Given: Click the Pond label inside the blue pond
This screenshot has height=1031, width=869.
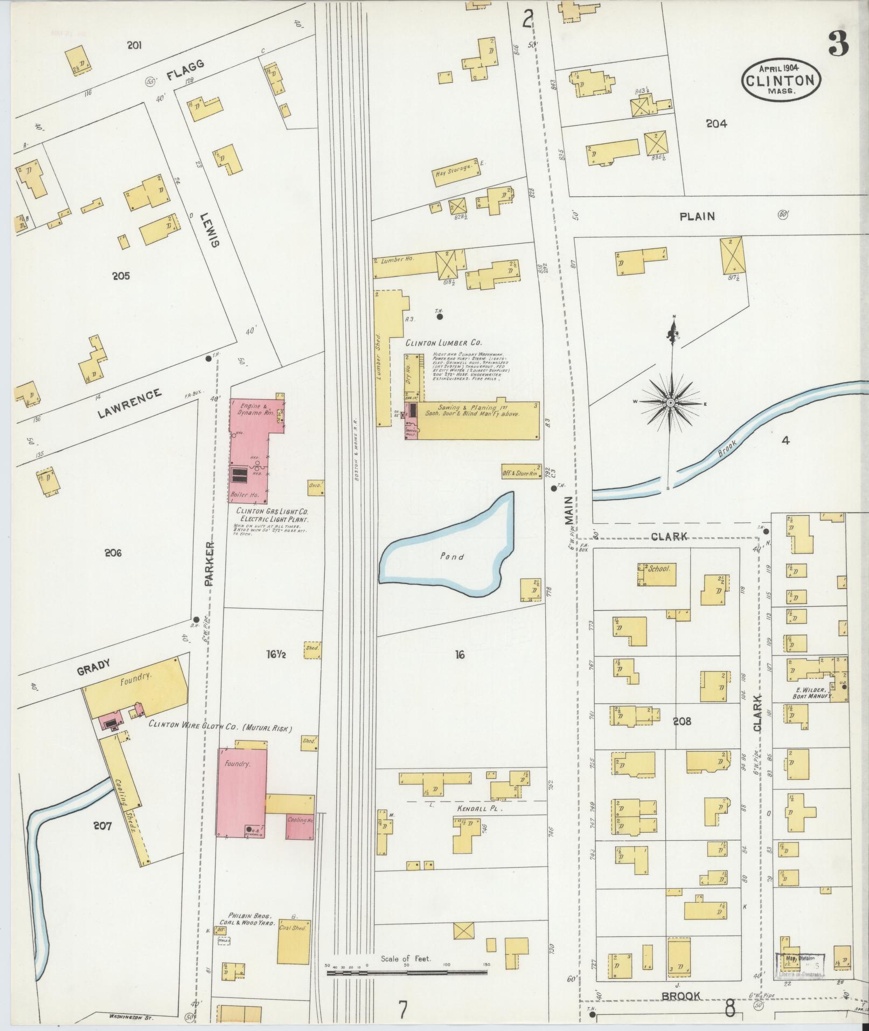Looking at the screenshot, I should [451, 557].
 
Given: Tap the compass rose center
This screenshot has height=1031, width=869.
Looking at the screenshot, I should [670, 403].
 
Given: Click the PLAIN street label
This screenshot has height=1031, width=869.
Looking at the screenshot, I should [697, 217].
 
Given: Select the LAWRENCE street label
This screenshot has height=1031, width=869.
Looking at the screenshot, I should [129, 403].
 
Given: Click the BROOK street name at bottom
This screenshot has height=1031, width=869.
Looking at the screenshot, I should [681, 996].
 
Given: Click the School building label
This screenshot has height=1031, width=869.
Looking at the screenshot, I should [659, 568].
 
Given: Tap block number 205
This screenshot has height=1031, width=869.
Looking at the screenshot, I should [121, 276].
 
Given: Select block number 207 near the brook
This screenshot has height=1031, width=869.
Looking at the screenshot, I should [102, 825].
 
